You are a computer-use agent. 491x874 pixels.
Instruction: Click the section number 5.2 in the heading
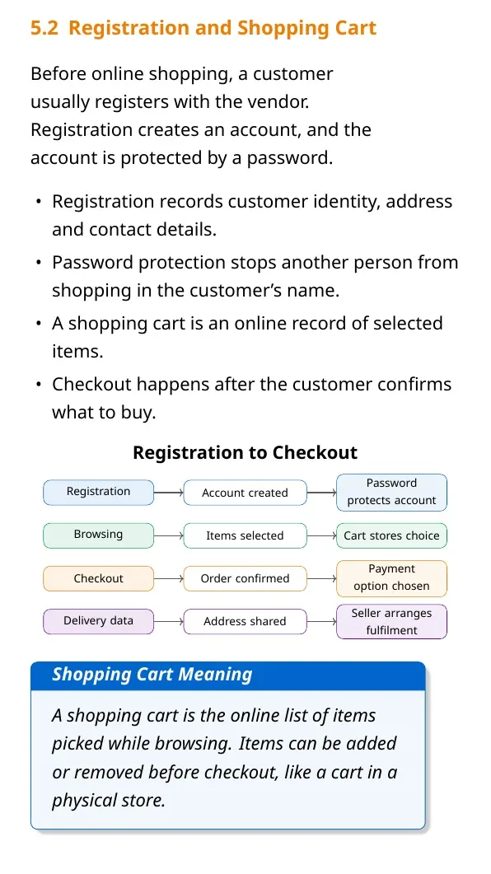pos(44,28)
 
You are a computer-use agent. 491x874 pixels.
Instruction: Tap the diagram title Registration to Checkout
pos(245,452)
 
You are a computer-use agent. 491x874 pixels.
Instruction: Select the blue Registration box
pos(98,492)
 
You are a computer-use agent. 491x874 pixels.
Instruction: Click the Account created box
pos(245,493)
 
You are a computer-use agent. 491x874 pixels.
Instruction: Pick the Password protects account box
pos(391,492)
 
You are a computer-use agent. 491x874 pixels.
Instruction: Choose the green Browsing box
pos(98,535)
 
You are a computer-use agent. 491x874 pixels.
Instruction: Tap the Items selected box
pos(245,535)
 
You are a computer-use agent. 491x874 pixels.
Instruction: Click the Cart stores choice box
pos(391,535)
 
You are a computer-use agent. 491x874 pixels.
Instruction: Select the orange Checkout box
pos(98,578)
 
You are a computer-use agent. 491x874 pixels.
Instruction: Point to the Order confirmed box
pos(245,578)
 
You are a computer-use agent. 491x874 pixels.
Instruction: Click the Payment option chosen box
pos(391,578)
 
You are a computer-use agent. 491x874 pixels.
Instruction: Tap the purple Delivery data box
pos(98,621)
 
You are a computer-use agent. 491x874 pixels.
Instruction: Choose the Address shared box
pos(245,621)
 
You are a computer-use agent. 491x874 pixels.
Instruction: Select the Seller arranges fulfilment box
pos(391,621)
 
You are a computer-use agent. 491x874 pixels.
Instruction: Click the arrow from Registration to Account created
pos(168,493)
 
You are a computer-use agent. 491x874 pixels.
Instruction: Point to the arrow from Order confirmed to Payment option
pos(321,578)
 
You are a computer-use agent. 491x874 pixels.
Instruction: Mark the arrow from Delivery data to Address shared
pos(168,621)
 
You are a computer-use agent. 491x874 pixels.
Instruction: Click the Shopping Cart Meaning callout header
pos(228,675)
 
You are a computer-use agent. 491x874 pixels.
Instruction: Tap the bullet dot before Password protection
pos(38,263)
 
